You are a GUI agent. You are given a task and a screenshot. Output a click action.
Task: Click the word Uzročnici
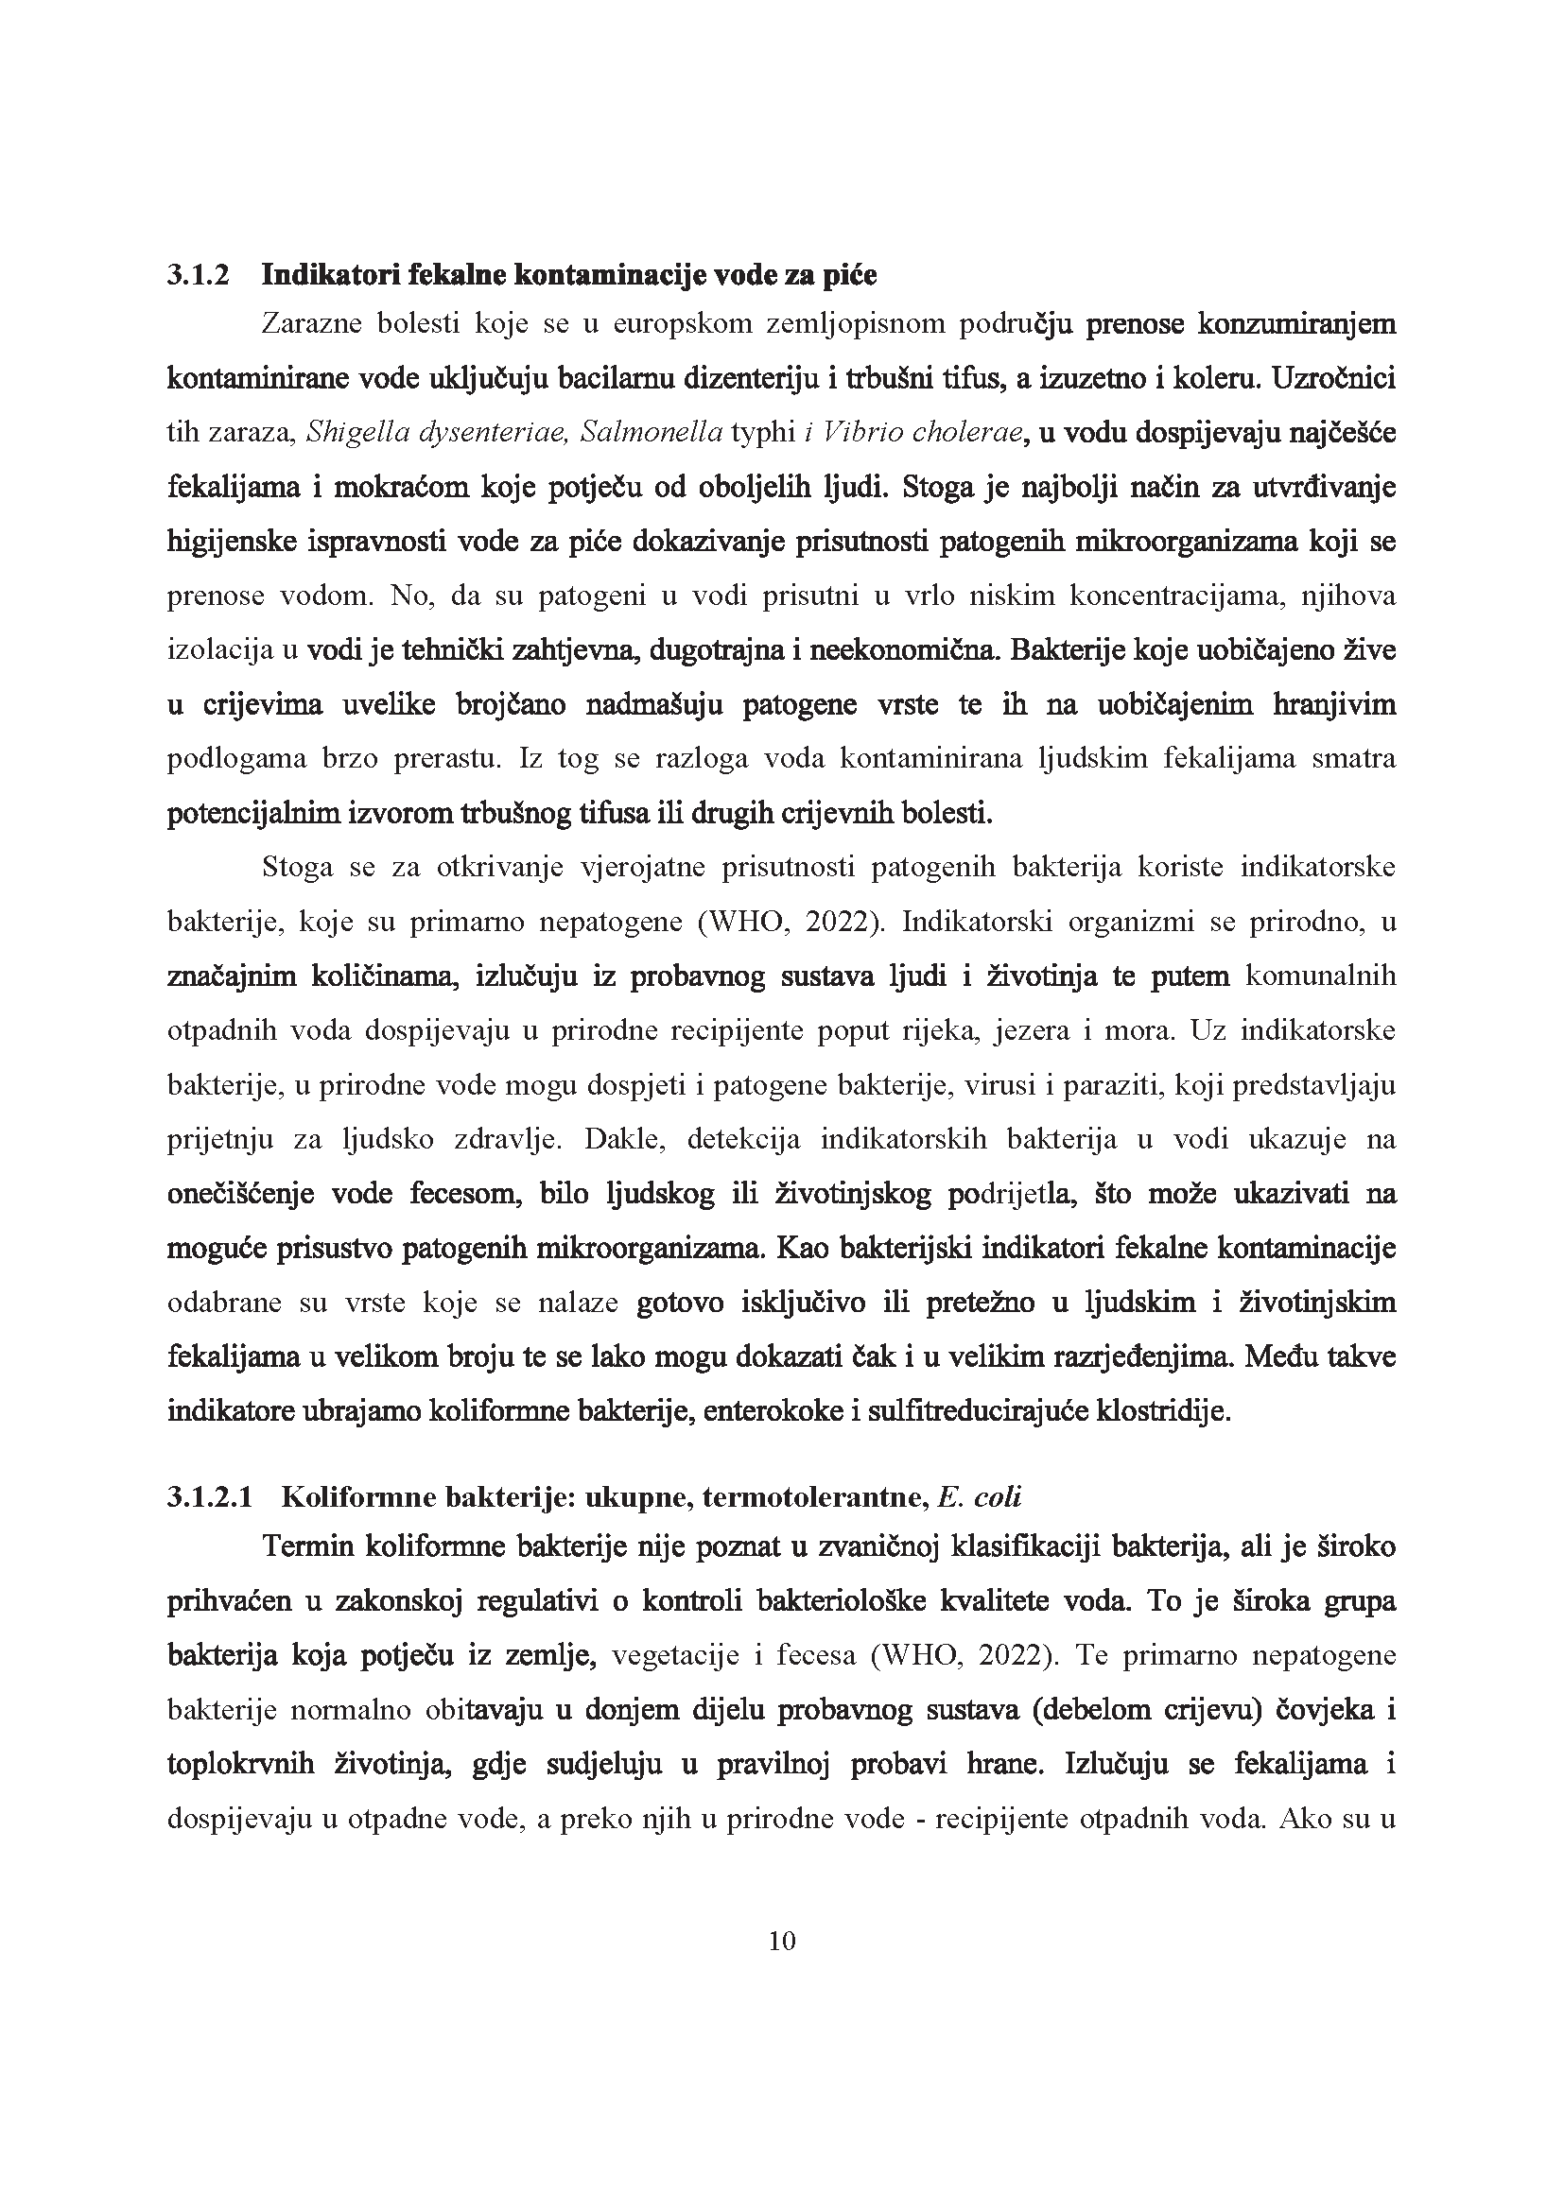tap(1334, 378)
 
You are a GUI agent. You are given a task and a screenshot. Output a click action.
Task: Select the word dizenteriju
tap(752, 378)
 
